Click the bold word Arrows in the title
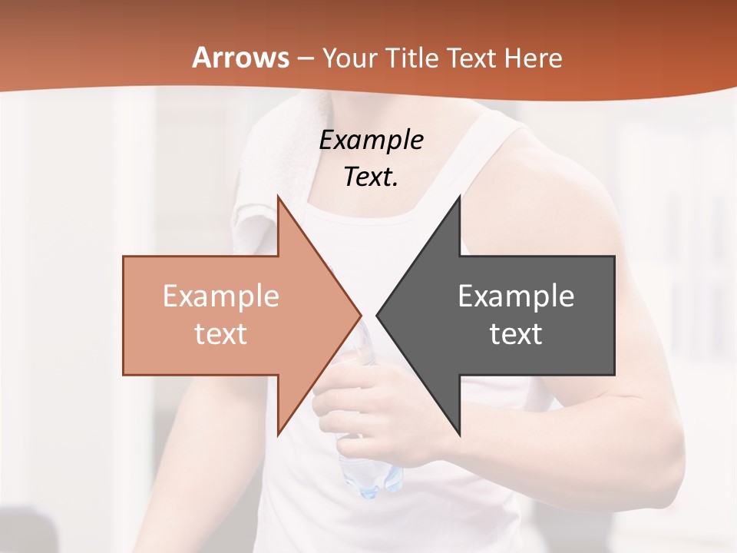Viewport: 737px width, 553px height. point(240,58)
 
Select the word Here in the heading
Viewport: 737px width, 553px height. point(534,58)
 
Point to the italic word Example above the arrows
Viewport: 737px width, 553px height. point(371,141)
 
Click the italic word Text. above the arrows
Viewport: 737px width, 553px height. point(371,177)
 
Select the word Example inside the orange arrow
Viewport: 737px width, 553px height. point(220,296)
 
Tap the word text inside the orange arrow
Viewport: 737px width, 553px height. point(220,333)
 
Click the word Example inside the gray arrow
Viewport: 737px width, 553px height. point(516,296)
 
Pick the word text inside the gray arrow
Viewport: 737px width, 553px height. point(516,333)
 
